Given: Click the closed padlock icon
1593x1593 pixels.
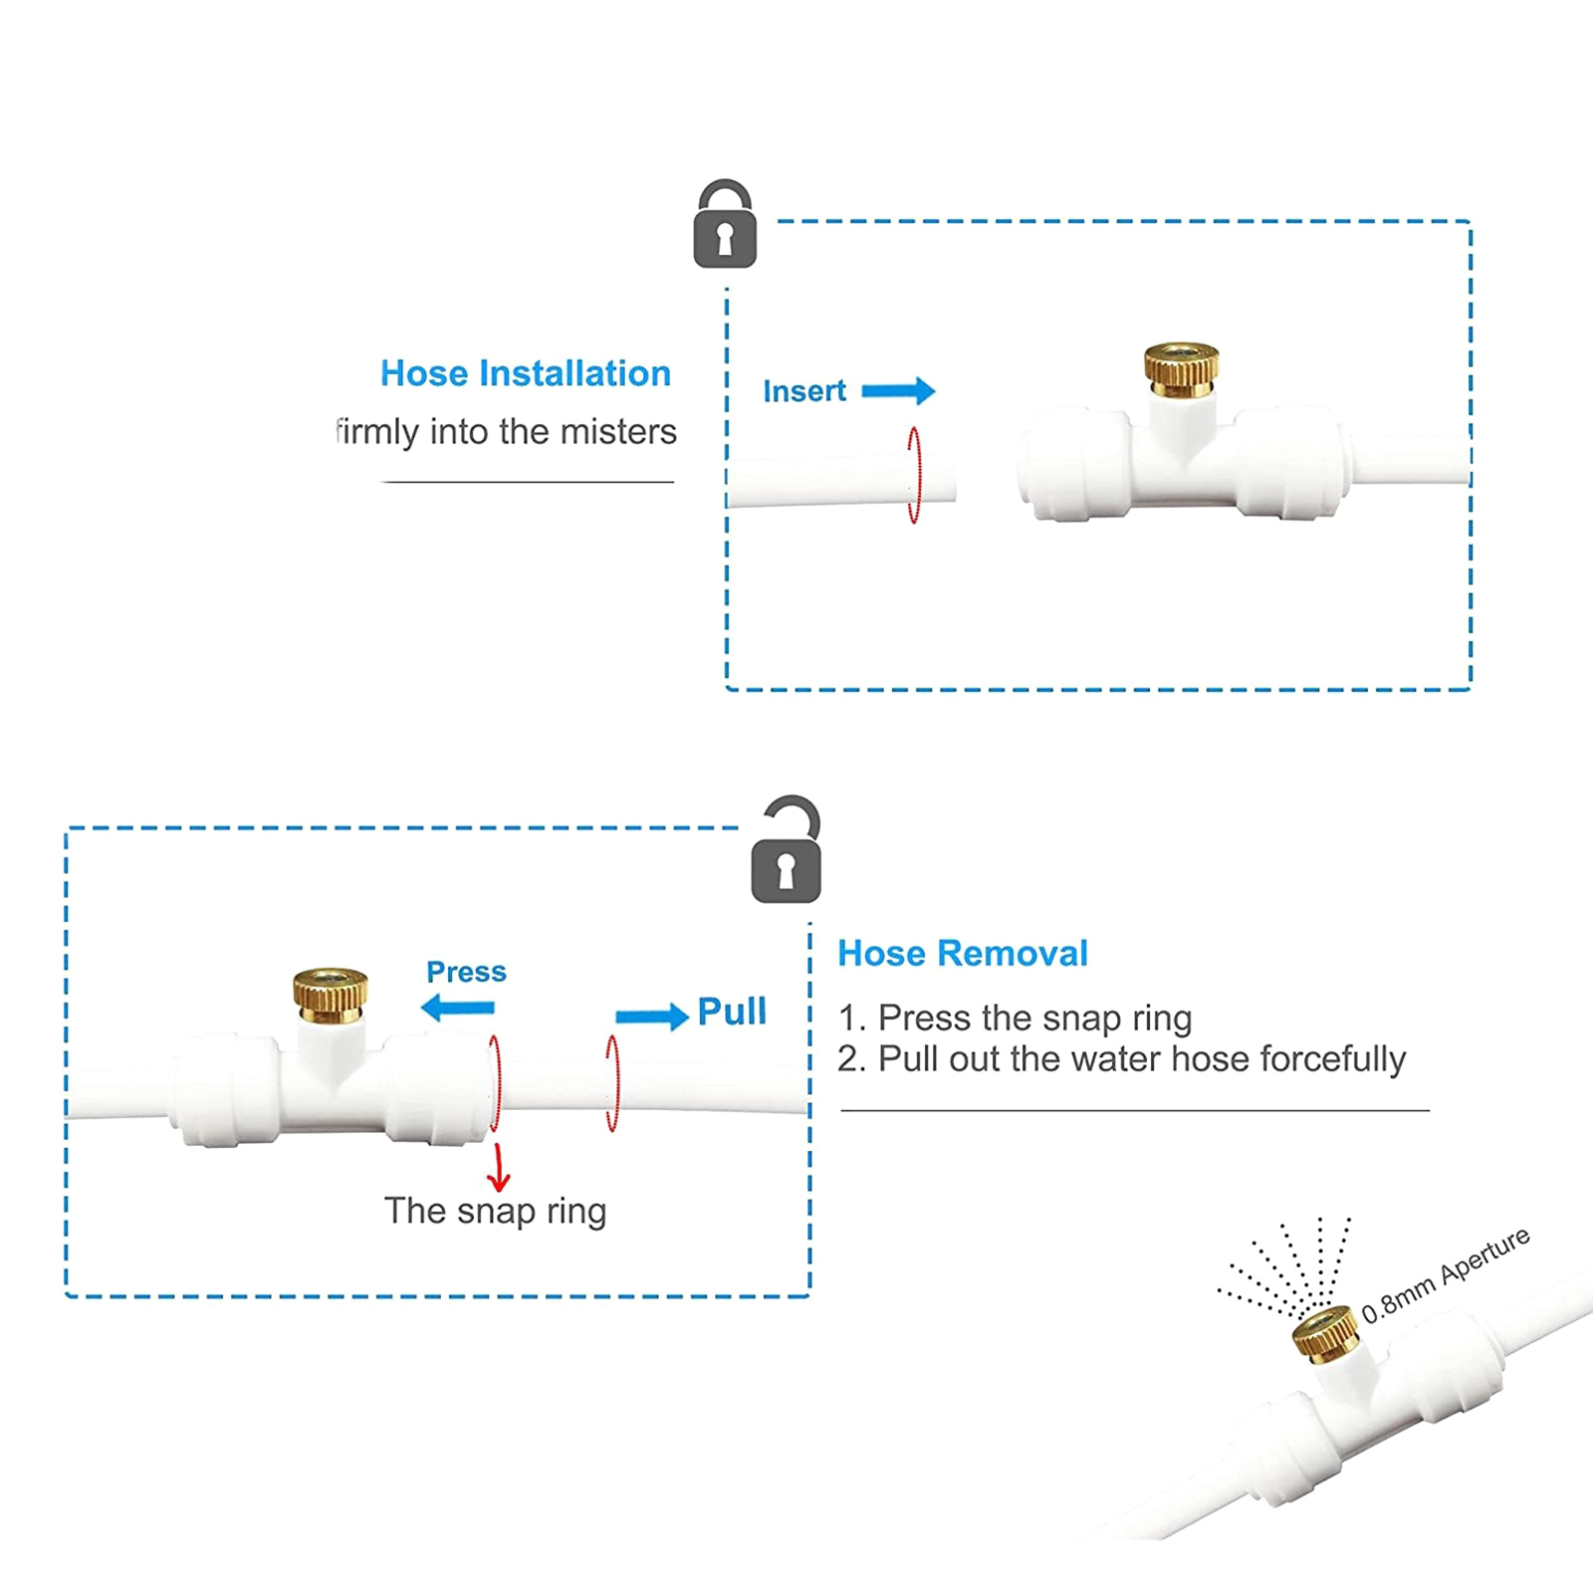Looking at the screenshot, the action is tap(725, 225).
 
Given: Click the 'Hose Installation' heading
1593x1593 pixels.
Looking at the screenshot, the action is tap(526, 373).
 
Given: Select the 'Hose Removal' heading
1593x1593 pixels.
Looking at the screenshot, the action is tap(963, 953).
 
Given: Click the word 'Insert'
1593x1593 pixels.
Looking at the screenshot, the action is tap(804, 391).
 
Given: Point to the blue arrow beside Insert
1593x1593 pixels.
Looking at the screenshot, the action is tap(898, 390).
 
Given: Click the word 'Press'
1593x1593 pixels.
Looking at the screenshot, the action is tap(466, 972).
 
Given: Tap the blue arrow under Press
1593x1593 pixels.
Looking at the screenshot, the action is tap(458, 1008).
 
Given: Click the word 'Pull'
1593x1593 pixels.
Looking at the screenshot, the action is tap(732, 1012).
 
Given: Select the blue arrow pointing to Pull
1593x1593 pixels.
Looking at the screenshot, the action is tap(652, 1017).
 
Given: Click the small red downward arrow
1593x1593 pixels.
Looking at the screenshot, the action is tap(499, 1168).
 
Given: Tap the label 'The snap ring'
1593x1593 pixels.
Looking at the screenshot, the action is tap(495, 1212).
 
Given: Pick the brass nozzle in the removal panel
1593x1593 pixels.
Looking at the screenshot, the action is tap(331, 995).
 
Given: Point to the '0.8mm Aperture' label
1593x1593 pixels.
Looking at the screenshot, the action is tap(1446, 1275).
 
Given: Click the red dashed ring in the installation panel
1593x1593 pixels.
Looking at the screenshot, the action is tap(914, 475).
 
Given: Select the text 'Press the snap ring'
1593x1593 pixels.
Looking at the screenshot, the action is tap(1035, 1019).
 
